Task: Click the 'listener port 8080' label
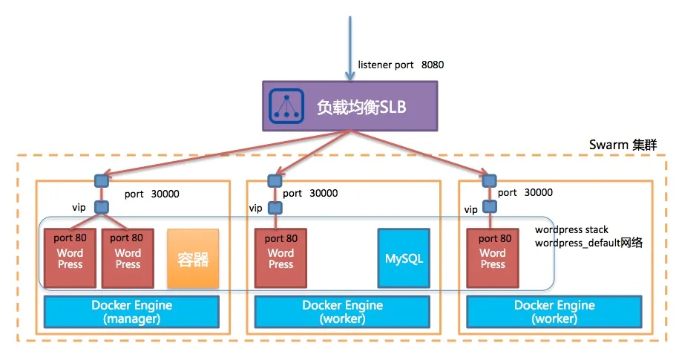pyautogui.click(x=401, y=65)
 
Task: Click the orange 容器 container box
pyautogui.click(x=193, y=258)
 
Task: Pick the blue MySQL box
pyautogui.click(x=404, y=258)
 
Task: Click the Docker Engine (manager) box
pyautogui.click(x=131, y=312)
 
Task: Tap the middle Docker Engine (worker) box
pyautogui.click(x=342, y=312)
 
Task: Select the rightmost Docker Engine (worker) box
pyautogui.click(x=554, y=312)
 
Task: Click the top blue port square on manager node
pyautogui.click(x=102, y=180)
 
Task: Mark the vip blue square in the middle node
pyautogui.click(x=275, y=208)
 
